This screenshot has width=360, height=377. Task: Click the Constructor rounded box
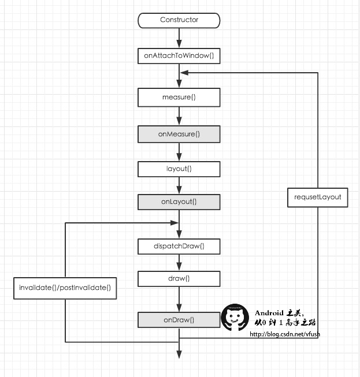[x=179, y=20]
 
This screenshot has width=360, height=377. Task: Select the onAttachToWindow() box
[x=179, y=57]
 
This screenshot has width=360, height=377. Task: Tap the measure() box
[x=179, y=97]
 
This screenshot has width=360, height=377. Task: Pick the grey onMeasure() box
[x=179, y=135]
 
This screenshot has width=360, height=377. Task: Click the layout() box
[x=179, y=169]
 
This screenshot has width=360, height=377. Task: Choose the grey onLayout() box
[x=179, y=202]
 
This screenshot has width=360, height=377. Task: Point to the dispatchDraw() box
[x=179, y=247]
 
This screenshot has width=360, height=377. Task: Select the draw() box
[x=179, y=279]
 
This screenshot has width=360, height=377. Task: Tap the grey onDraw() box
[x=179, y=320]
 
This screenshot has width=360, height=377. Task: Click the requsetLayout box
[x=318, y=197]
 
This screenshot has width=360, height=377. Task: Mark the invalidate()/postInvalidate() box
[x=65, y=288]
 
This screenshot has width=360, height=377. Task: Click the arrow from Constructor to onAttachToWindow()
[x=179, y=38]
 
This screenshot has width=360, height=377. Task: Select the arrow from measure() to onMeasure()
[x=179, y=116]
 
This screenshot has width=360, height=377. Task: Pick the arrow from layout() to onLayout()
[x=179, y=186]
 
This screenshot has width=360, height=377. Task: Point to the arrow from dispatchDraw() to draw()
[x=179, y=263]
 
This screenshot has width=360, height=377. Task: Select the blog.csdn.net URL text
[x=284, y=334]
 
